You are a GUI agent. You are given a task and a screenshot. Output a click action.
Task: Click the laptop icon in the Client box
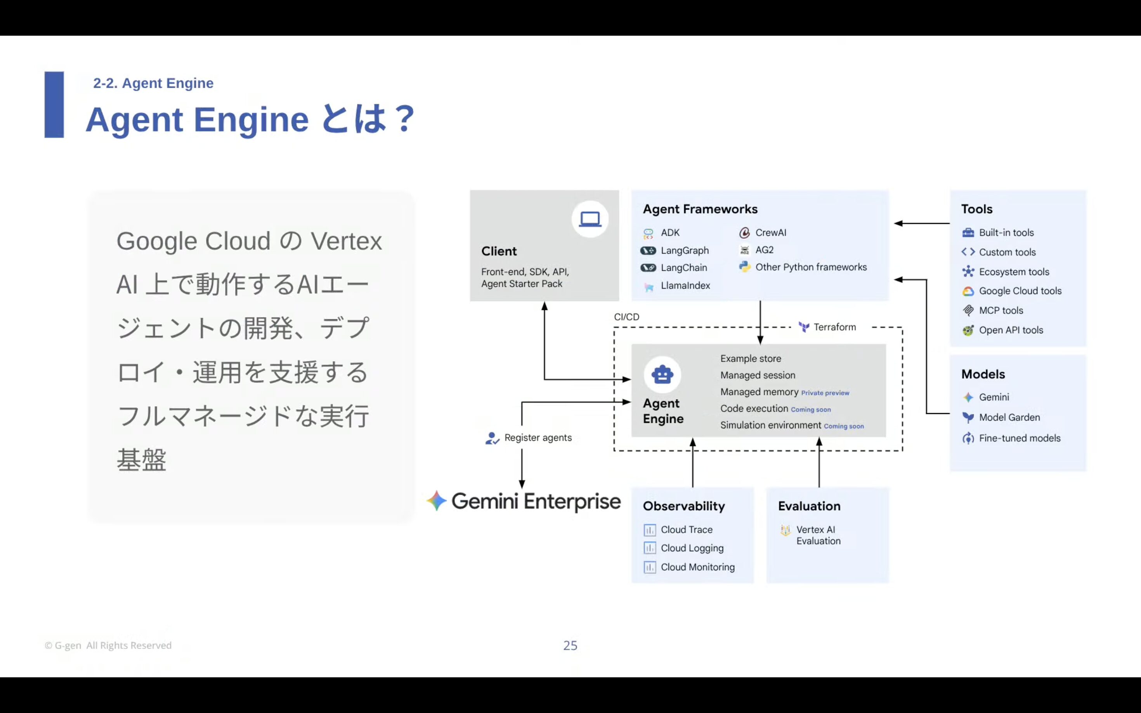[590, 219]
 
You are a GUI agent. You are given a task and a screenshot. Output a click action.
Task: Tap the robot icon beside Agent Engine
[662, 374]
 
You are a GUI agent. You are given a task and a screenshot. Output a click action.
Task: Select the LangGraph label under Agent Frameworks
[685, 250]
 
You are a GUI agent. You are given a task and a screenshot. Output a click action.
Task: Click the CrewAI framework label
[770, 232]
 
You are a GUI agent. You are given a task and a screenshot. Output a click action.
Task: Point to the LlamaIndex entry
[685, 285]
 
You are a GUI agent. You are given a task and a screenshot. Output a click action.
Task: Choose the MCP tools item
[1001, 310]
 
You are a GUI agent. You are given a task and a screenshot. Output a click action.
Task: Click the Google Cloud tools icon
[968, 291]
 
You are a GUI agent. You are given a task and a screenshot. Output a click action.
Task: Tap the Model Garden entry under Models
[1009, 417]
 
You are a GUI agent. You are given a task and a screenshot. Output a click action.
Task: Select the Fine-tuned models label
[1019, 438]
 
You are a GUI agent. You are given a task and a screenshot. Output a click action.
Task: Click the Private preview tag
[825, 393]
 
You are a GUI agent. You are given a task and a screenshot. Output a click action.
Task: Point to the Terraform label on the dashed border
[834, 327]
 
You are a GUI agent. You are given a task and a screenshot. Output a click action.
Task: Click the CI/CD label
[626, 317]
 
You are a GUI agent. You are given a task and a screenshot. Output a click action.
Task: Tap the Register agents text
[538, 438]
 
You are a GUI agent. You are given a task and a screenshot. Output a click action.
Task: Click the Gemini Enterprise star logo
[436, 501]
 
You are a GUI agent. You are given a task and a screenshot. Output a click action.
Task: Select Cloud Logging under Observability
[692, 548]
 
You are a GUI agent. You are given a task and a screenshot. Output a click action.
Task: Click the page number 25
[570, 645]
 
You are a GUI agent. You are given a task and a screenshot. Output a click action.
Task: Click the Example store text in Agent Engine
[751, 358]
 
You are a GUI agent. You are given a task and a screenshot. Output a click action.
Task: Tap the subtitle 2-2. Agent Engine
[153, 83]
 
